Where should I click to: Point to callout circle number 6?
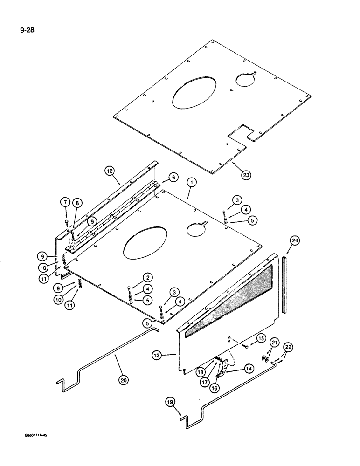click(173, 177)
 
